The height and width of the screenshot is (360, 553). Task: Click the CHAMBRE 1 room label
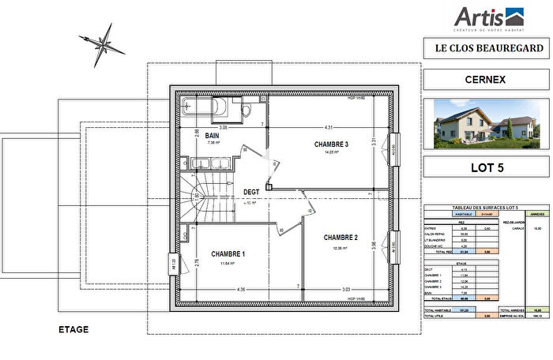228,253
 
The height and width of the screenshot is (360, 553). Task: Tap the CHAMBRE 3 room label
331,144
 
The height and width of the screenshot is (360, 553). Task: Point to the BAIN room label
212,136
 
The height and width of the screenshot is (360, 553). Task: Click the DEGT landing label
251,192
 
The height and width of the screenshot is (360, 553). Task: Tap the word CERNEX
484,80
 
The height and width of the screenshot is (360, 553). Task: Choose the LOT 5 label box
484,167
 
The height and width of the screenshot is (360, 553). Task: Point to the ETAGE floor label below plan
73,329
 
